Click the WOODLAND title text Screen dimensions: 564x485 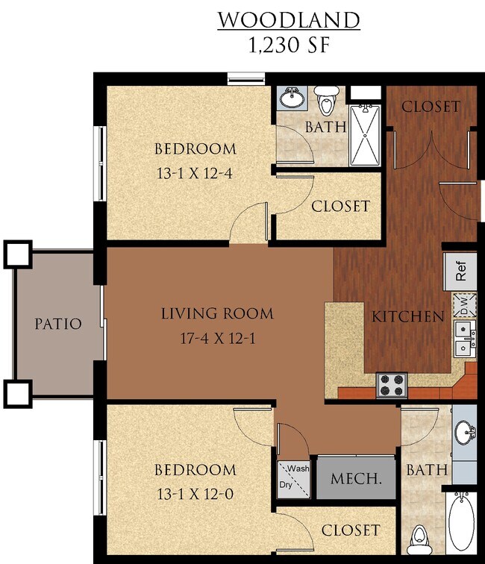(x=288, y=19)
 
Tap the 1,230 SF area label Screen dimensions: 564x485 (x=288, y=45)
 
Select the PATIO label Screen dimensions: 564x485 (x=57, y=325)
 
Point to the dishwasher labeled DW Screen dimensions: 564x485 (x=462, y=304)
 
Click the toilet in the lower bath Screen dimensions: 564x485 (x=420, y=536)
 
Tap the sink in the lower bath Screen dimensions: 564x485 (x=464, y=431)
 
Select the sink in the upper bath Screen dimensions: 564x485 (x=292, y=97)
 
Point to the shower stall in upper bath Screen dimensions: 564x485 (x=366, y=134)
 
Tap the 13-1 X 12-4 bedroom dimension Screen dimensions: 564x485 (x=195, y=175)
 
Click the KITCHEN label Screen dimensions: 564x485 (x=408, y=316)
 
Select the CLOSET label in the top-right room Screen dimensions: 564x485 (x=431, y=106)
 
